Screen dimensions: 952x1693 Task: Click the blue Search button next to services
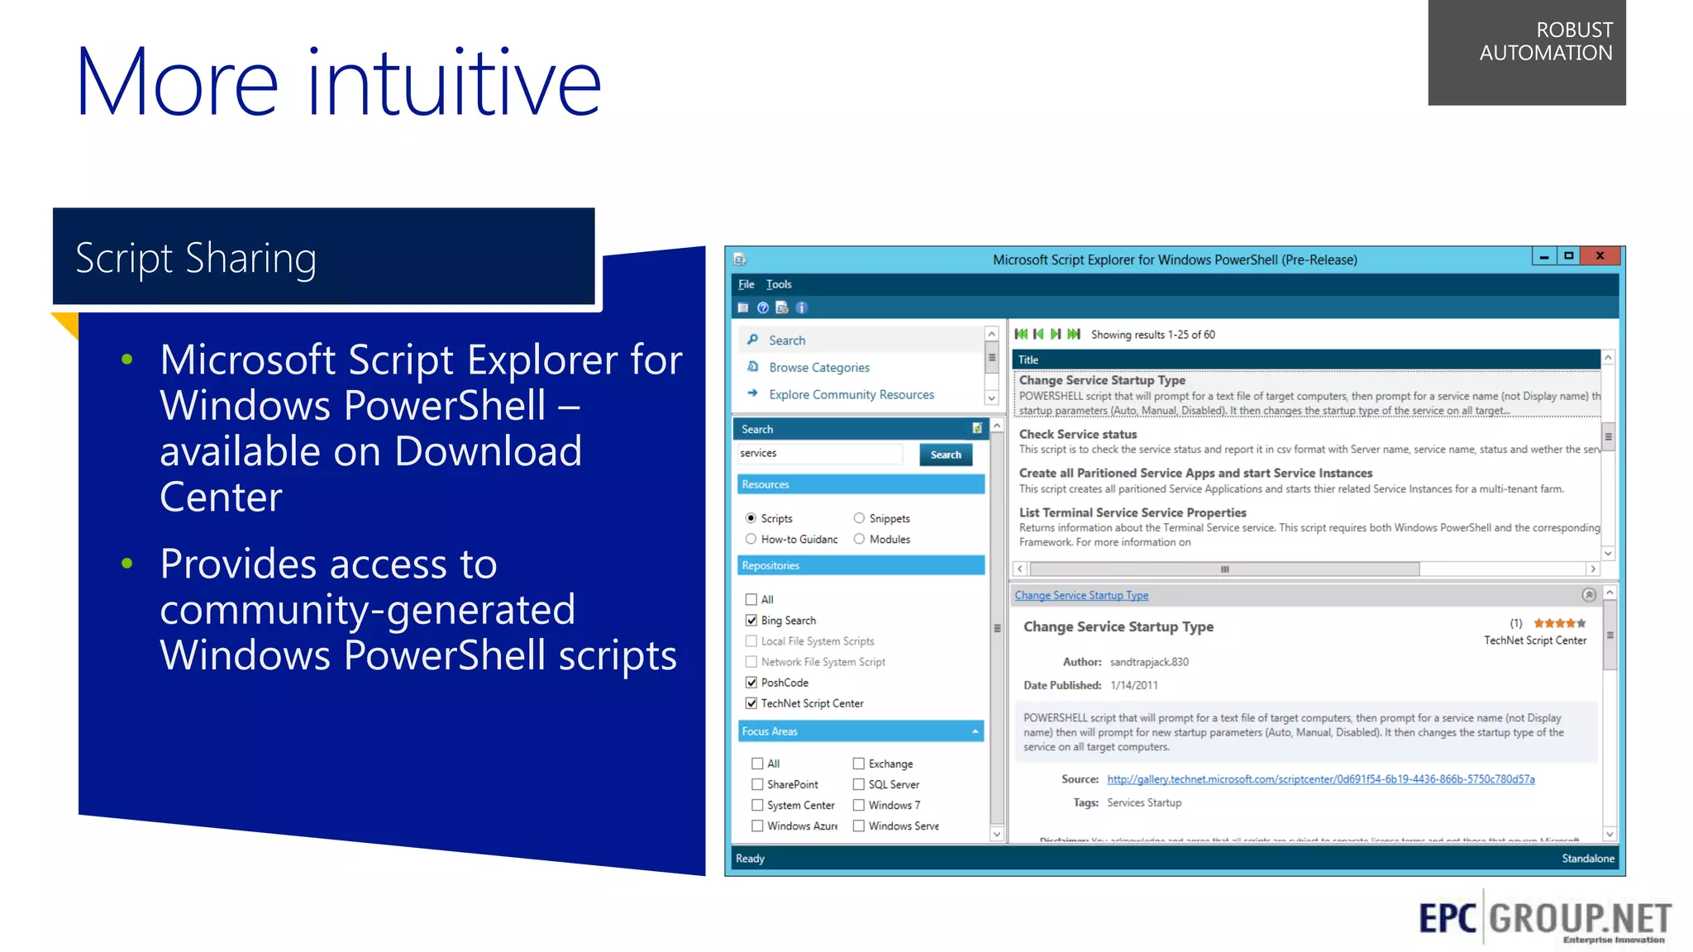pos(945,455)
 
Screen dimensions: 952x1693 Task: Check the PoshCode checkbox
pos(751,683)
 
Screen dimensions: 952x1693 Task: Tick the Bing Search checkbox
pos(751,621)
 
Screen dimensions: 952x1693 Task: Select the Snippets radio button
pos(859,518)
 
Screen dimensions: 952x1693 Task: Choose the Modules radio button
pos(859,539)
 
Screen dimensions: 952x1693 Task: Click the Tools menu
pos(778,284)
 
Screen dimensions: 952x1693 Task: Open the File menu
pos(746,284)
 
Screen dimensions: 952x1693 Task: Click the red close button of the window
pos(1600,256)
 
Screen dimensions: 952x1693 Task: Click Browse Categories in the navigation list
pos(818,368)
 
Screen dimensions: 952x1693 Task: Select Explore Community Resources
pos(851,395)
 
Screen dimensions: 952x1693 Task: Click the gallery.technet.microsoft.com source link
pos(1320,779)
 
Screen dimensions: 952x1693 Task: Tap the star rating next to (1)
pos(1559,623)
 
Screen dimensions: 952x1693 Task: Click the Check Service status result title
pos(1077,434)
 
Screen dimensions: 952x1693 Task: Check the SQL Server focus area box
pos(859,784)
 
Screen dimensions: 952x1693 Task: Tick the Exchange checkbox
pos(859,764)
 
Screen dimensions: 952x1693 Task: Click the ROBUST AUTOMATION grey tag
pos(1526,51)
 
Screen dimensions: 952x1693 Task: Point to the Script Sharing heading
pos(196,259)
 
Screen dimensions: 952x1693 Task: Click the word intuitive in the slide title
pos(454,83)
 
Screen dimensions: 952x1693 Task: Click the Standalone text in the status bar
pos(1587,859)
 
